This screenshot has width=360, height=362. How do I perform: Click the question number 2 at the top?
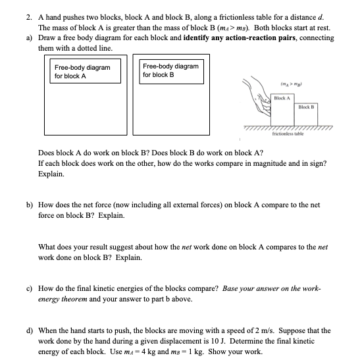click(29, 18)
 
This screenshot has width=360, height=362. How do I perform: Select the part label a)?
click(29, 38)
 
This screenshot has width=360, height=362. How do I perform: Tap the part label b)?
click(30, 205)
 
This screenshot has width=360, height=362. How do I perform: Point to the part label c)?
click(29, 288)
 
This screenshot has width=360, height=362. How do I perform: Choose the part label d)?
click(30, 330)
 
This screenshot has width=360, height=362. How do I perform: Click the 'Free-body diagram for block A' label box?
click(85, 71)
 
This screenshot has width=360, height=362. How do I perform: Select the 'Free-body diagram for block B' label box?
click(171, 72)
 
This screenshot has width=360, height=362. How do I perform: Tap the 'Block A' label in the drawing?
click(282, 98)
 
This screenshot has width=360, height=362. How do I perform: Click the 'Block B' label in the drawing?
click(306, 107)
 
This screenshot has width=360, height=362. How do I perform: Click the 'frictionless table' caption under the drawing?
click(288, 134)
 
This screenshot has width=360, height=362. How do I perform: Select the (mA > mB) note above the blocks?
click(291, 84)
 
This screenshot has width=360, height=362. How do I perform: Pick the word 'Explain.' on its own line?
click(51, 174)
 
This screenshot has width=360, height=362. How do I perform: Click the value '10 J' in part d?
click(219, 341)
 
